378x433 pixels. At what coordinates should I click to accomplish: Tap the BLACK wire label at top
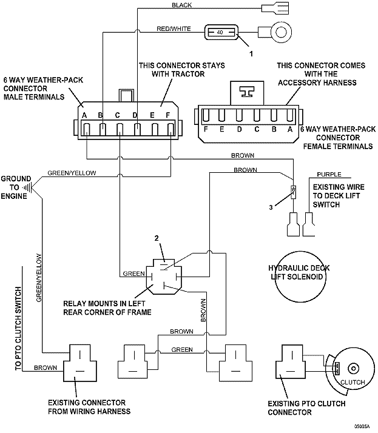[182, 5]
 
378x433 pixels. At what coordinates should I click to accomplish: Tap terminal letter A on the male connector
[85, 116]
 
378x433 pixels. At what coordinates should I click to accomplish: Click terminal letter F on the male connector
[170, 116]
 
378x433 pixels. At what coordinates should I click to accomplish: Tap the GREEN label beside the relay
[133, 273]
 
